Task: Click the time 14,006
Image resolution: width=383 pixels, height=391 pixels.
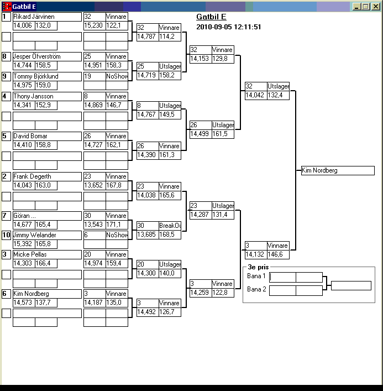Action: pos(23,25)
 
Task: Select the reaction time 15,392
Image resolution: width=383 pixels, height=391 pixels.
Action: pos(23,244)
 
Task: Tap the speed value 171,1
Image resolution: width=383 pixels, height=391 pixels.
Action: pos(116,224)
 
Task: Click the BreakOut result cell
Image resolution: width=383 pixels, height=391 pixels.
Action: pos(170,226)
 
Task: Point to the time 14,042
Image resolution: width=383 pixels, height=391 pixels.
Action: pos(255,95)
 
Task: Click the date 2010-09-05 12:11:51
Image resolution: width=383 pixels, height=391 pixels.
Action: pos(229,27)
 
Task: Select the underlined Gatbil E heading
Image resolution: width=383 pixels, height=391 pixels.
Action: pos(211,17)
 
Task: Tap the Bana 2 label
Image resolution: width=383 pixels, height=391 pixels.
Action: pos(256,289)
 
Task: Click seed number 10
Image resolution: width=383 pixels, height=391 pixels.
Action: pos(6,235)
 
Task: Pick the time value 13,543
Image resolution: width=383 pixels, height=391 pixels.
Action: pos(93,224)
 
